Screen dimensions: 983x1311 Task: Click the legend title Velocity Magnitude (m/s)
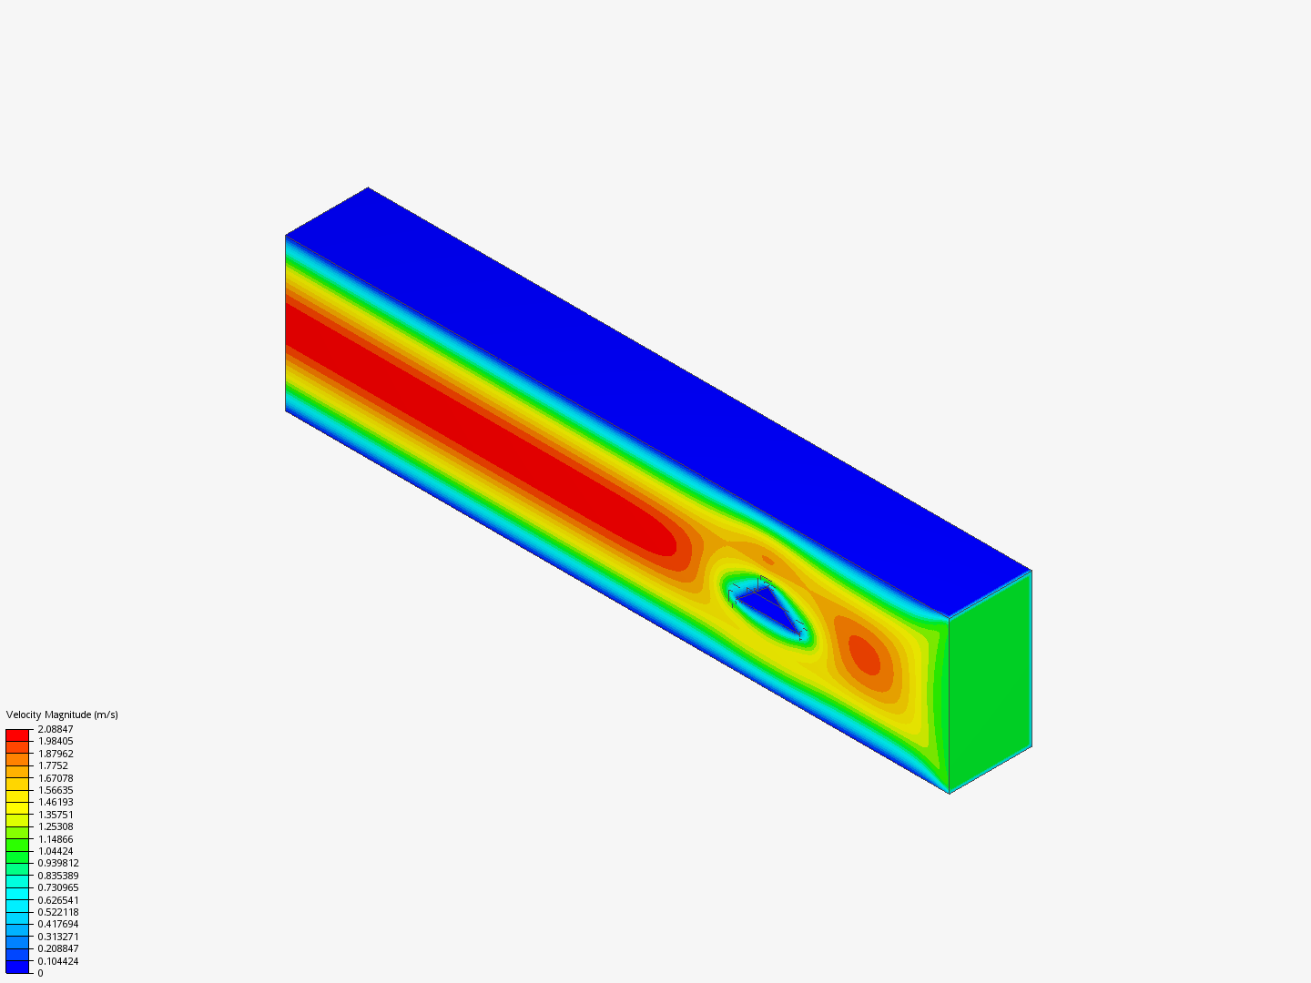(x=62, y=714)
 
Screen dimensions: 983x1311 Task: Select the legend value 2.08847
(x=56, y=729)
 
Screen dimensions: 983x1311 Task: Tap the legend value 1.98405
(x=56, y=741)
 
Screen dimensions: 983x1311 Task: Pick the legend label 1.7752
(x=53, y=765)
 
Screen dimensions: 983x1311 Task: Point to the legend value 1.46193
(x=56, y=802)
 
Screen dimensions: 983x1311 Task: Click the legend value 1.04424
(x=56, y=851)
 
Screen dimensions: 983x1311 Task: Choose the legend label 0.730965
(x=58, y=887)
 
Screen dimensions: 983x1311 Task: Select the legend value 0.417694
(x=58, y=924)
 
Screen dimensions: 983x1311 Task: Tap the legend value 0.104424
(x=58, y=961)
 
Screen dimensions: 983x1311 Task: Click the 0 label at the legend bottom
(x=40, y=973)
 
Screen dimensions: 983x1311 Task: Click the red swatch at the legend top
(x=17, y=735)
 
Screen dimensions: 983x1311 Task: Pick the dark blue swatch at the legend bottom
(x=17, y=968)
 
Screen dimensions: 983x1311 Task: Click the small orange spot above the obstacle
(x=767, y=560)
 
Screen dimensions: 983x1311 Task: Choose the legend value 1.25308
(x=56, y=826)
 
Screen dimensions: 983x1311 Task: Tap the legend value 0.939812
(x=58, y=863)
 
